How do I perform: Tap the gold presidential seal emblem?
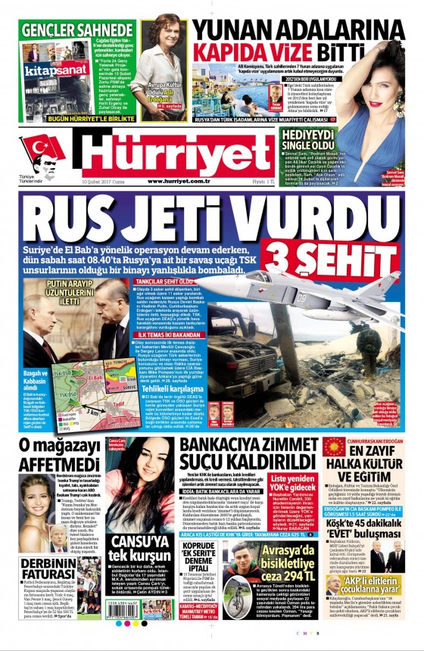334,447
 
